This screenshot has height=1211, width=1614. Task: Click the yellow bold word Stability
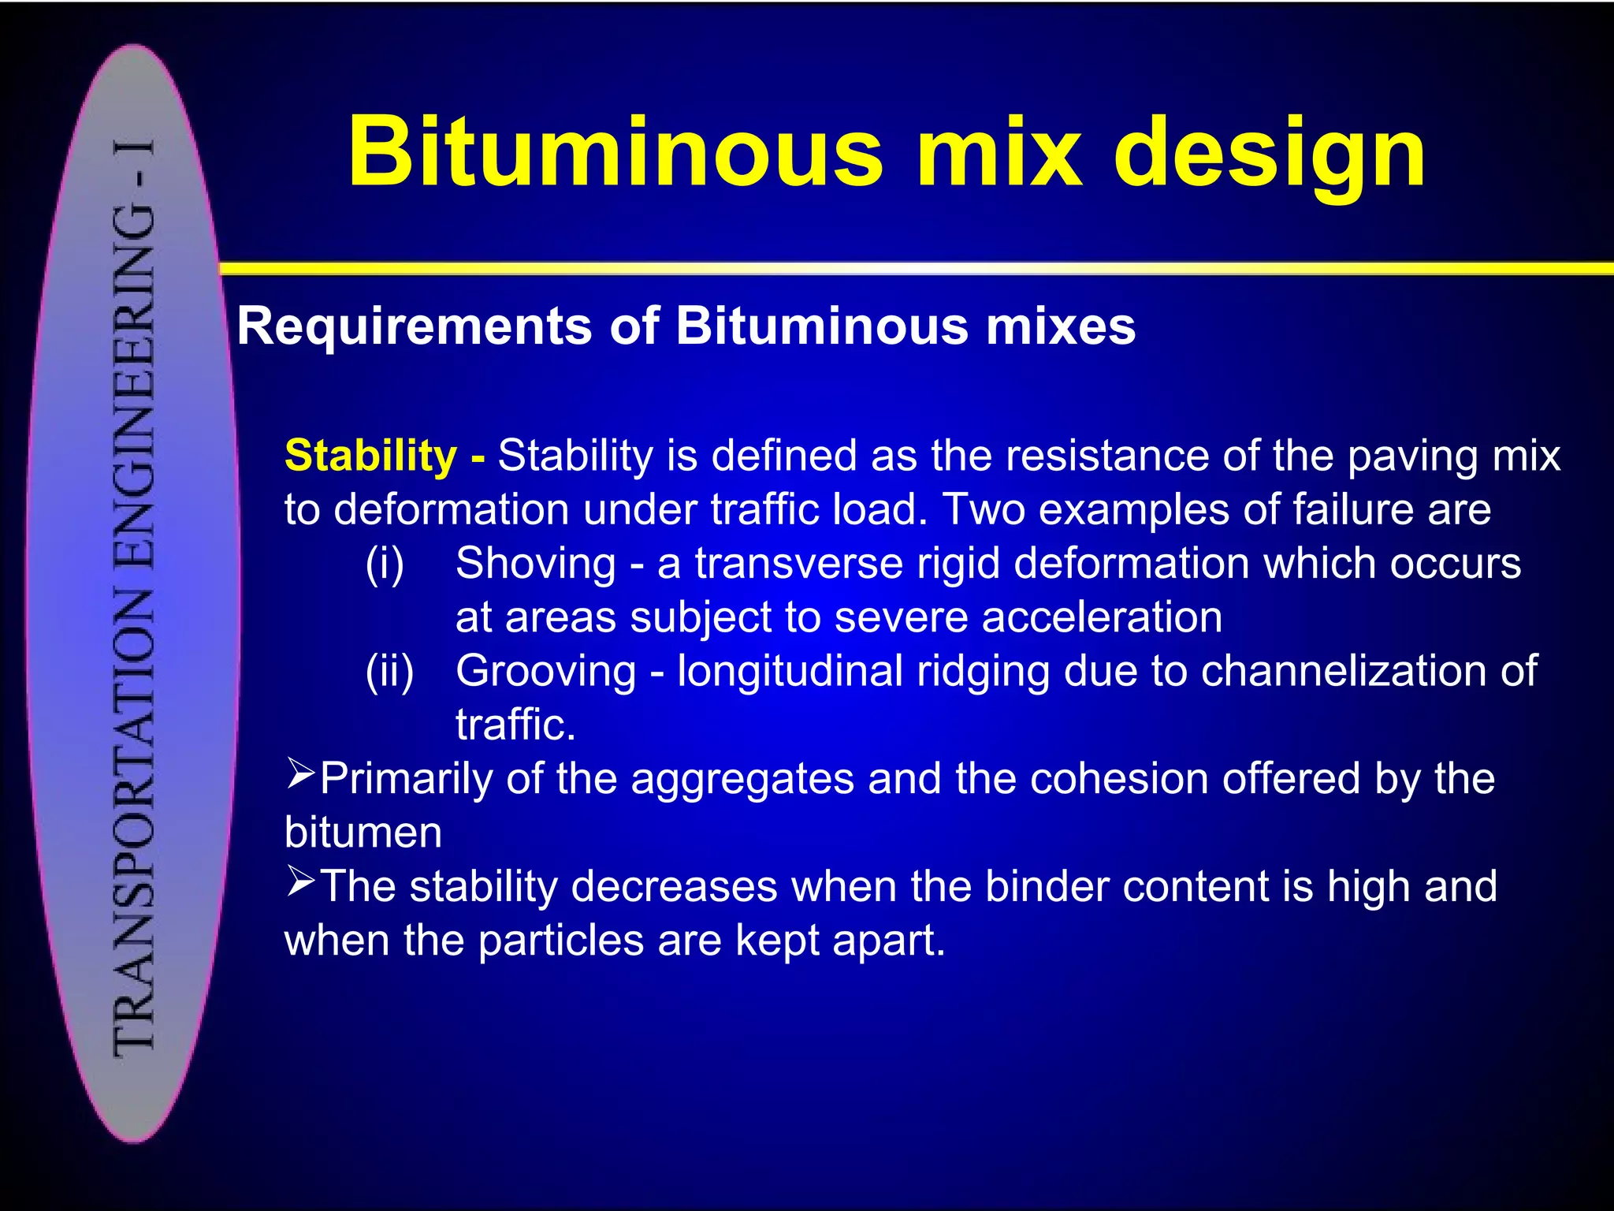(x=370, y=456)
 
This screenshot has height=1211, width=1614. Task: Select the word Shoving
(x=536, y=564)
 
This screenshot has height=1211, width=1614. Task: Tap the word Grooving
(x=545, y=672)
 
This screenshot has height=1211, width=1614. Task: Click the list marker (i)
(x=385, y=565)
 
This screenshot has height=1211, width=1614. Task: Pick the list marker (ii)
(x=389, y=672)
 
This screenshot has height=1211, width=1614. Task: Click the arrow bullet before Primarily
(x=300, y=773)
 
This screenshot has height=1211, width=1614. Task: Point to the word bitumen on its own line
(x=363, y=833)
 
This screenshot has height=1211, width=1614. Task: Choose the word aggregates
(x=742, y=779)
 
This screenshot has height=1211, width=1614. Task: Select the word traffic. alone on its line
(x=515, y=725)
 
